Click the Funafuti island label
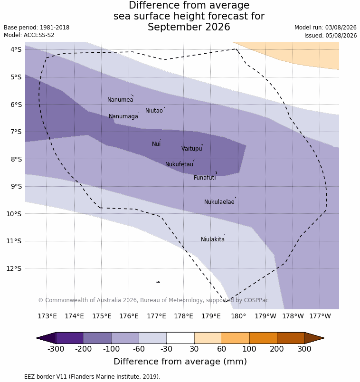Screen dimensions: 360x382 tap(205, 178)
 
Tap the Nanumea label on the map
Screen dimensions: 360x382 tap(120, 100)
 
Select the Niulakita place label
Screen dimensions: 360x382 tap(213, 239)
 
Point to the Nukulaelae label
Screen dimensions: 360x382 tap(219, 202)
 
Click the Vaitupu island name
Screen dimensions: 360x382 tap(192, 148)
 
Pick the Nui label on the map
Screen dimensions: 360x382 tap(156, 144)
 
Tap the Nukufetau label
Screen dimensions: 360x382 tap(179, 164)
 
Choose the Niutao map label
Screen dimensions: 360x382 tap(154, 111)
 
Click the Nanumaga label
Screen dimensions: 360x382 tap(123, 116)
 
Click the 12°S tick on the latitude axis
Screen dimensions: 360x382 tap(14, 268)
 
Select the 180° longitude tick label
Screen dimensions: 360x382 tap(238, 316)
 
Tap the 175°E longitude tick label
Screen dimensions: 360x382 tap(102, 316)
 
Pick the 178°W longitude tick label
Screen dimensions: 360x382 tap(293, 316)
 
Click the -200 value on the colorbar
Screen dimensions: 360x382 tap(83, 349)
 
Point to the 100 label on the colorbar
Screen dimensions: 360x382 tap(249, 349)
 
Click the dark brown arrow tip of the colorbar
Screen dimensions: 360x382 tap(324, 338)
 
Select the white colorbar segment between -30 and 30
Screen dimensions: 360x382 tap(180, 338)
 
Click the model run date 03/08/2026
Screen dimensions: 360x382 tap(341, 28)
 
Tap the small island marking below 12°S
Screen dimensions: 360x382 tap(158, 282)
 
